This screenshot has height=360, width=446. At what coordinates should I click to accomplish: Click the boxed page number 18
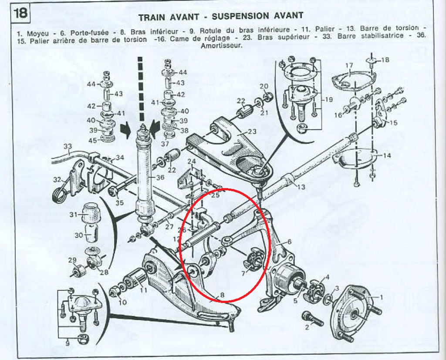pyautogui.click(x=20, y=13)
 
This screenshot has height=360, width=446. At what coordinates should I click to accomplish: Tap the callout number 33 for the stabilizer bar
pyautogui.click(x=68, y=146)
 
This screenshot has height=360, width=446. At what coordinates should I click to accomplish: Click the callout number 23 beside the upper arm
pyautogui.click(x=252, y=132)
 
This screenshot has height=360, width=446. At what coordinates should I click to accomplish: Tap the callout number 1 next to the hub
pyautogui.click(x=382, y=297)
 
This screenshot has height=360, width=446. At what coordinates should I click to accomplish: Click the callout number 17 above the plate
pyautogui.click(x=349, y=66)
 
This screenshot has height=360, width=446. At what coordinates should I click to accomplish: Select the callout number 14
pyautogui.click(x=387, y=155)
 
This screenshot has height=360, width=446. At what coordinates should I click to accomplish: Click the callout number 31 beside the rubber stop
pyautogui.click(x=73, y=215)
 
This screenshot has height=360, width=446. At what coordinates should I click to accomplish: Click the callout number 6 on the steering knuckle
pyautogui.click(x=288, y=242)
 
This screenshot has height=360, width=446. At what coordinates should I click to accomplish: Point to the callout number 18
pyautogui.click(x=385, y=59)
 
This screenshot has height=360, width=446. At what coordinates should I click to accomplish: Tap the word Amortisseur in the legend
pyautogui.click(x=221, y=45)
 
